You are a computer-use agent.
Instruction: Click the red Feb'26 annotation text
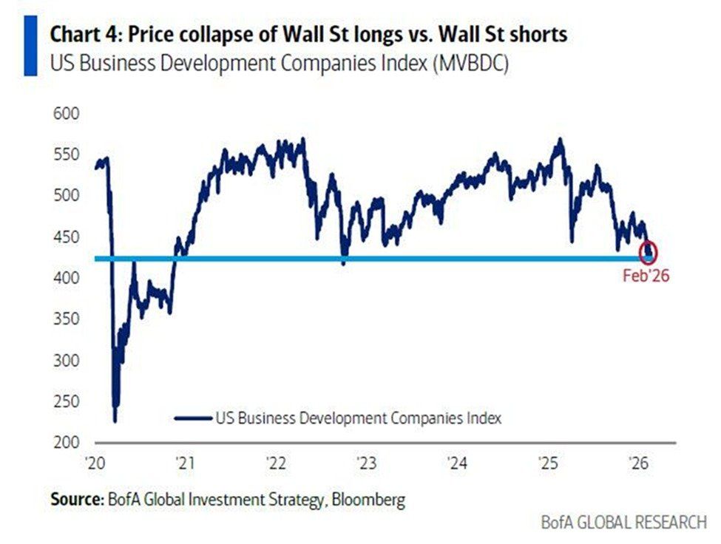point(646,277)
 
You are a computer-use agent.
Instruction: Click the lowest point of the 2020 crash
point(115,421)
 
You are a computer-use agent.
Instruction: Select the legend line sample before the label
point(193,418)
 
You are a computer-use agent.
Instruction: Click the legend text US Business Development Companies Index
point(358,418)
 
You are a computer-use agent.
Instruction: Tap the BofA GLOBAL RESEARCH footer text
point(623,523)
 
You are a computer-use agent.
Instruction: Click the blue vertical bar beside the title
point(30,48)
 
